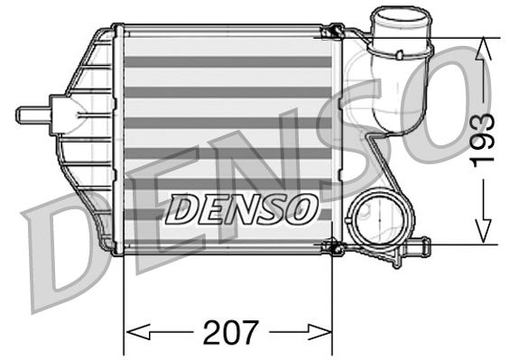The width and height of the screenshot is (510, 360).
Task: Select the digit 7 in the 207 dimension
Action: (x=249, y=330)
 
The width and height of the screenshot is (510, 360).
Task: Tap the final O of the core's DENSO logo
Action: (x=303, y=209)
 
